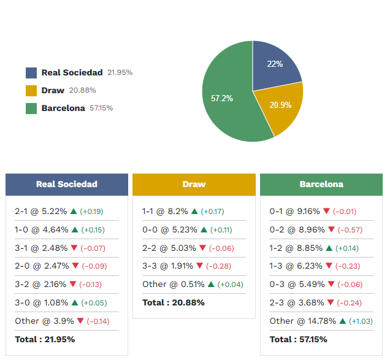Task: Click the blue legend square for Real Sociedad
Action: tap(31, 72)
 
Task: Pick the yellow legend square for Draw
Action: tap(31, 90)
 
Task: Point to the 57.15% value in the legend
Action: tap(101, 109)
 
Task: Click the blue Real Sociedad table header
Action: tap(67, 184)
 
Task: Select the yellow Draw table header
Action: tap(194, 184)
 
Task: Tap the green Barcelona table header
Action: tap(321, 184)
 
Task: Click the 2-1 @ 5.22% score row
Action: tap(40, 212)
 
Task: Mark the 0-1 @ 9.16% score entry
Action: tap(294, 212)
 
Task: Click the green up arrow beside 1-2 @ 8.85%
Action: tap(329, 248)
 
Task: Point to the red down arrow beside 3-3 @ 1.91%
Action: tap(202, 266)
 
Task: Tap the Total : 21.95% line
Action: tap(45, 339)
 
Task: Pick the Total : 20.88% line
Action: tap(174, 302)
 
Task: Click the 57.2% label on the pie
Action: tap(222, 98)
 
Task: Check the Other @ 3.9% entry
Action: tap(44, 321)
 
